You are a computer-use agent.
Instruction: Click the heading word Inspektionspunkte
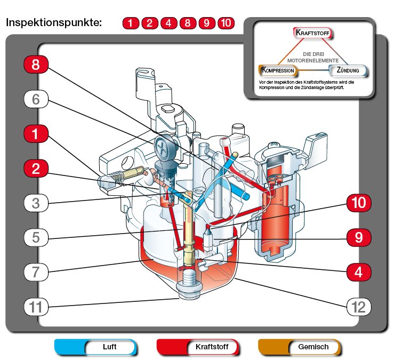coord(54,23)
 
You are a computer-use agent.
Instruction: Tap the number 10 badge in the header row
coord(226,23)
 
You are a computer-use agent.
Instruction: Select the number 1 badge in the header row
coord(131,23)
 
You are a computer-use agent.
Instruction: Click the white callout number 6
coord(36,99)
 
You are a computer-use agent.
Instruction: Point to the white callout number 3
coord(36,203)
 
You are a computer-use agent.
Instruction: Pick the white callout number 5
coord(36,237)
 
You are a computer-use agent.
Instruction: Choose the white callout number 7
coord(36,273)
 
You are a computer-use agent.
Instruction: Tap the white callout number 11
coord(36,307)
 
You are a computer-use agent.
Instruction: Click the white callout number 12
coord(359,307)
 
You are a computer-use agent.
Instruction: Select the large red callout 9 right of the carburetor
coord(359,237)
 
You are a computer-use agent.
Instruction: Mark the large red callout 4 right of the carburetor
coord(359,273)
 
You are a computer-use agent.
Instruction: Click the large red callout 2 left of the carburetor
coord(36,169)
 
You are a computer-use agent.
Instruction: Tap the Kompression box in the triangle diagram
coord(278,70)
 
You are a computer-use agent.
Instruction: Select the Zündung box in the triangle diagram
coord(348,70)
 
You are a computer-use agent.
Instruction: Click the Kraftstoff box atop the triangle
coord(312,33)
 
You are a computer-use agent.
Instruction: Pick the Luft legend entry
coord(95,347)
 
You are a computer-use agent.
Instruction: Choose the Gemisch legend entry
coord(299,347)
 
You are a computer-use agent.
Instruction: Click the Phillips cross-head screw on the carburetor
coord(165,148)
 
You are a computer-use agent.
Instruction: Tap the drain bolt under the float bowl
coord(189,284)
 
